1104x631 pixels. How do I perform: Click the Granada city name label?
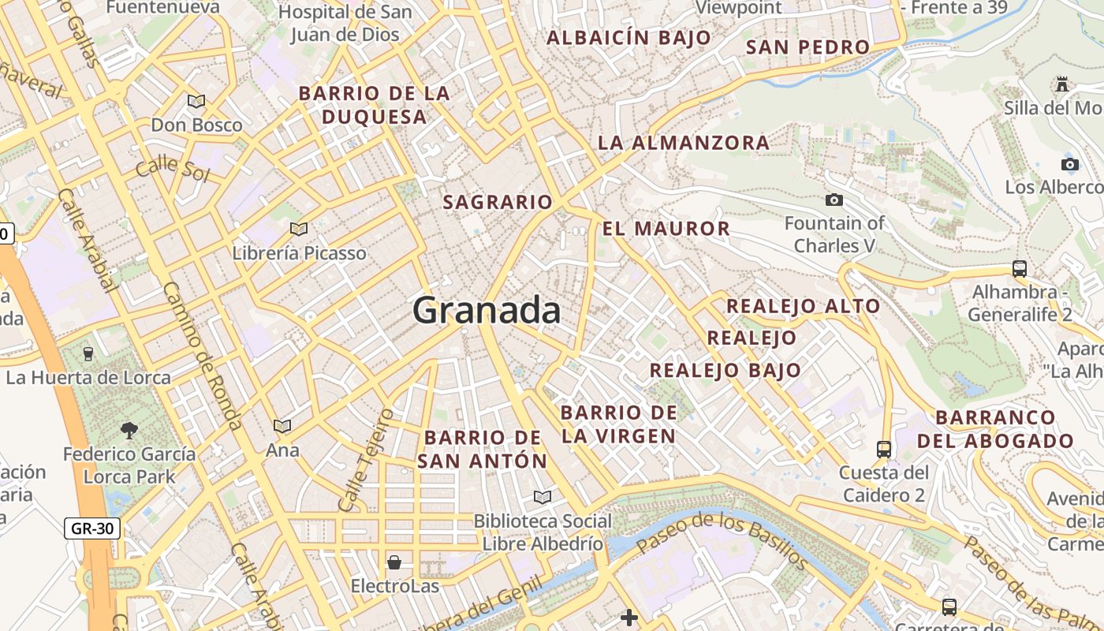point(487,310)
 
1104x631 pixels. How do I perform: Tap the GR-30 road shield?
point(92,528)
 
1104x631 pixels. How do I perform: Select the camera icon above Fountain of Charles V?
point(834,200)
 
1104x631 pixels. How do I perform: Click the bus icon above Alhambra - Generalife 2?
point(1020,268)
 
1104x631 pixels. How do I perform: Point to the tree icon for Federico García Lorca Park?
point(129,430)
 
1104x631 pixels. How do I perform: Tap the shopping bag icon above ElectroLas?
point(393,562)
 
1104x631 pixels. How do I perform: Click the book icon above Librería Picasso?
point(299,229)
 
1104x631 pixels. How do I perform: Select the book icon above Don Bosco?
point(196,101)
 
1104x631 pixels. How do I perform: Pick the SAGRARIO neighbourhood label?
point(498,203)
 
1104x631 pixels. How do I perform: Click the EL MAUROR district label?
point(666,230)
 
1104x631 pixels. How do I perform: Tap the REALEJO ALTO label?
point(803,306)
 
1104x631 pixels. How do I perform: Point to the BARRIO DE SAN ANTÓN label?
point(482,449)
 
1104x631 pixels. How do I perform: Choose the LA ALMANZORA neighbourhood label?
point(683,143)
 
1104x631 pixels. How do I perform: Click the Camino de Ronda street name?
point(203,356)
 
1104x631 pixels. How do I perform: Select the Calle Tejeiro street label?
point(365,460)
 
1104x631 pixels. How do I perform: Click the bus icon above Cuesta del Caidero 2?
point(884,450)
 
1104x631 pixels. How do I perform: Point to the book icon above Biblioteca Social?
point(542,497)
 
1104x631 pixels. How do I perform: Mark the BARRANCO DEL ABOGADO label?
point(996,429)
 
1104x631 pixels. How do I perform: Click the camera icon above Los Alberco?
point(1069,164)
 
